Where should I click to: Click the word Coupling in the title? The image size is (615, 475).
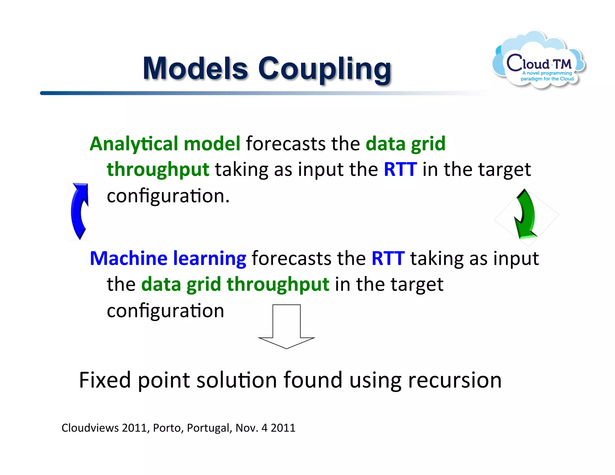[324, 70]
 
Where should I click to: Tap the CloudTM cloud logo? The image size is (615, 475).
[539, 60]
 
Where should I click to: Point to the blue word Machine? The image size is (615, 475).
[128, 258]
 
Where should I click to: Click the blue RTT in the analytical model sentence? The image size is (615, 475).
[400, 169]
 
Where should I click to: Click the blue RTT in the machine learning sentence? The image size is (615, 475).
[388, 258]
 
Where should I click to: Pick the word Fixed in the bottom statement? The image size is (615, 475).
[105, 380]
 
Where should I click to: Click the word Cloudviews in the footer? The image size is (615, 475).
[90, 428]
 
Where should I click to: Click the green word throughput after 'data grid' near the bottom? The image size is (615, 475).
[278, 285]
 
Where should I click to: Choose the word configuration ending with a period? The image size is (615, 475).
[168, 196]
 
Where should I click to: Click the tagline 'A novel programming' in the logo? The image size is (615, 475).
[547, 73]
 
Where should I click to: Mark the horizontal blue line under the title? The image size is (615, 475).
[210, 93]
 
